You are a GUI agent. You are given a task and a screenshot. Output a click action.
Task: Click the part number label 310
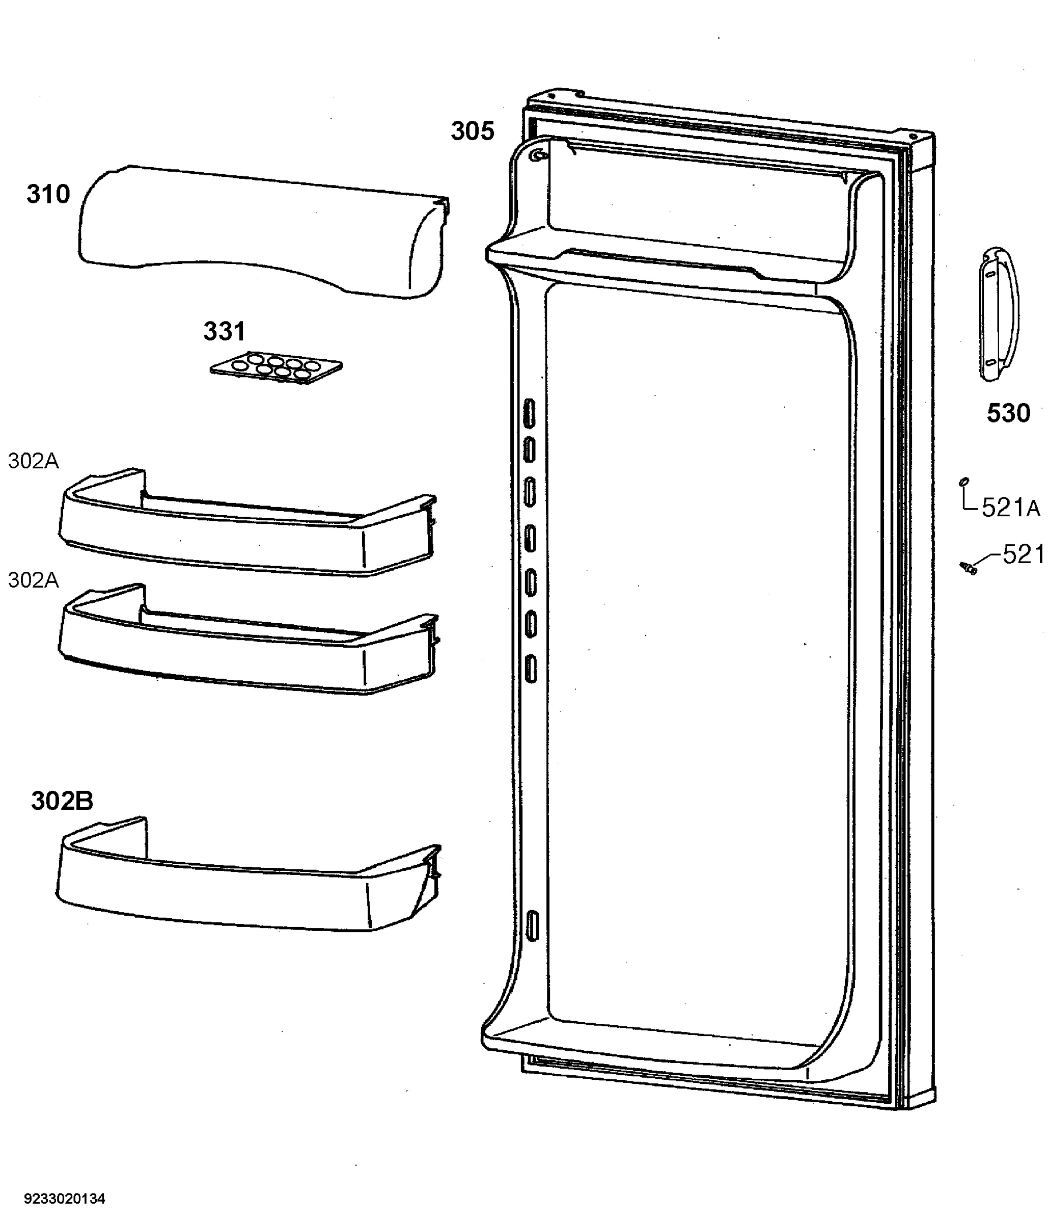48,194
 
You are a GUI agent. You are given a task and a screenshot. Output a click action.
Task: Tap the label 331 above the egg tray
224,332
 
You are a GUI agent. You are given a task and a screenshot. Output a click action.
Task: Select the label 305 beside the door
473,131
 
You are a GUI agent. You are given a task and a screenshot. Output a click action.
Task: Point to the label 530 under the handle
1008,413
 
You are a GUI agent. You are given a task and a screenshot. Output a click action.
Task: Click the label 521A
1011,508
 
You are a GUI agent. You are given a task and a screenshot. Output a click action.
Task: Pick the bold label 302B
62,801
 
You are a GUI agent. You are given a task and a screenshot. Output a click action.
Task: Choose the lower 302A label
34,580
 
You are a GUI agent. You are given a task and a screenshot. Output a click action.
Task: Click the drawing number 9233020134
64,1199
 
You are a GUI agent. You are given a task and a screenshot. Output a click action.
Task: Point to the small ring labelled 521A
963,482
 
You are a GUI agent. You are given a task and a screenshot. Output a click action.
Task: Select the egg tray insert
276,368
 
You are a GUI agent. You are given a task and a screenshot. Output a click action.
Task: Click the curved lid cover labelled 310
263,232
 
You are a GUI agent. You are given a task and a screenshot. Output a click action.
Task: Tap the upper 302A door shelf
248,522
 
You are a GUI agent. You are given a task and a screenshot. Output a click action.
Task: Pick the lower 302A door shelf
248,641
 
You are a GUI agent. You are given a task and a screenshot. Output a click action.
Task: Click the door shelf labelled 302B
248,875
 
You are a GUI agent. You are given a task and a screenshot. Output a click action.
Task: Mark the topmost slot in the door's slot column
529,413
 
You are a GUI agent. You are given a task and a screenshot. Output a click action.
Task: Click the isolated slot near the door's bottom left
532,926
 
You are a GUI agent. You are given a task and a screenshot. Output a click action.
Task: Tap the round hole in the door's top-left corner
537,155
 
